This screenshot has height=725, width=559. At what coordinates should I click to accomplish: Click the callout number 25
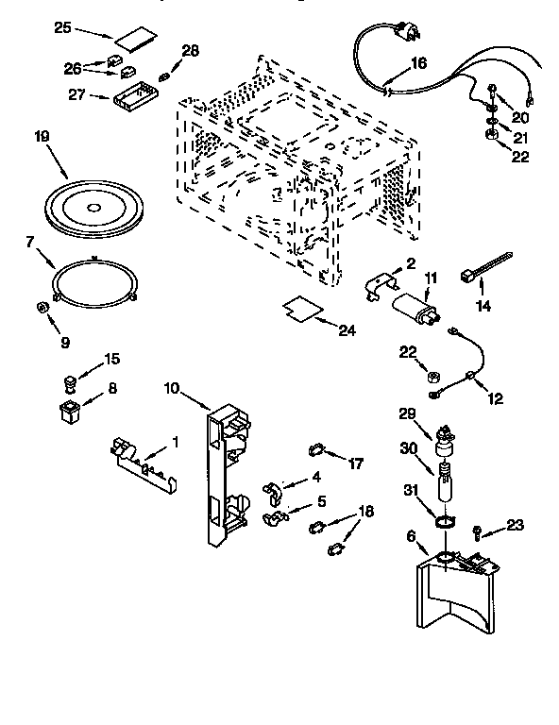[62, 27]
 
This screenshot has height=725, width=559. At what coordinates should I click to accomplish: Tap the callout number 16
[418, 63]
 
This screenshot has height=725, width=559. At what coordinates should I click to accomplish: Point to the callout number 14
[484, 306]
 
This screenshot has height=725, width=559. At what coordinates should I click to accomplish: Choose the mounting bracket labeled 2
[385, 283]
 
